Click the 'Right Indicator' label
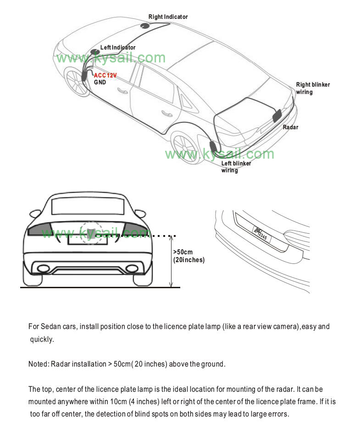(x=168, y=17)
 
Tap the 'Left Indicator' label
(x=118, y=48)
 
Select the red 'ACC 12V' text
(x=105, y=76)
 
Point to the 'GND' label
(x=100, y=82)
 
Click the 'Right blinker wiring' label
(x=313, y=88)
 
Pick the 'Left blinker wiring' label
(x=236, y=167)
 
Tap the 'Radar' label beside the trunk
(x=290, y=127)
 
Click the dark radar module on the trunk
(x=277, y=115)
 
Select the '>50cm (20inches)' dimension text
(x=188, y=256)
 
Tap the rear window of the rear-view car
(x=87, y=207)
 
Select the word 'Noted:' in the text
(x=39, y=364)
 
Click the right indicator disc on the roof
(x=146, y=26)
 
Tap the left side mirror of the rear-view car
(x=34, y=214)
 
